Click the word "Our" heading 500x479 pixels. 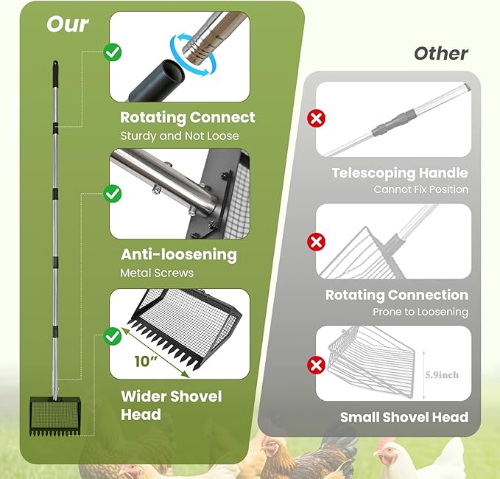pos(67,24)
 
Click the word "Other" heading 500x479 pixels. pos(441,53)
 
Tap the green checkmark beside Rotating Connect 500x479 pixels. pos(112,52)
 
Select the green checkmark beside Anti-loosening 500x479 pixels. pos(112,194)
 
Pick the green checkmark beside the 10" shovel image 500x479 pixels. pos(112,336)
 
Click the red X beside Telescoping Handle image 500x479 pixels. pos(316,118)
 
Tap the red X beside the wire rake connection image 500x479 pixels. pos(316,242)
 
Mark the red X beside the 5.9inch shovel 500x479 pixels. pos(316,365)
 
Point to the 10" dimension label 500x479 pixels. pos(146,361)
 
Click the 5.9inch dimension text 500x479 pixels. pos(442,374)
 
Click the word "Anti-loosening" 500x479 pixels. pos(179,255)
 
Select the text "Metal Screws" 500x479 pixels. pos(157,273)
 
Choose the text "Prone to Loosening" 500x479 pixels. pos(420,312)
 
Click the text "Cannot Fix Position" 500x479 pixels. pos(421,189)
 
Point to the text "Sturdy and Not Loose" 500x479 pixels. pos(180,136)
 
